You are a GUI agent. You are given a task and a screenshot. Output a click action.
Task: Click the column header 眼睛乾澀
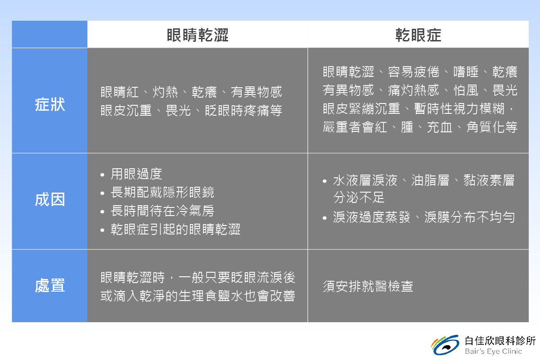(x=198, y=35)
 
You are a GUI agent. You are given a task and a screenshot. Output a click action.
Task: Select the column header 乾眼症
(x=418, y=35)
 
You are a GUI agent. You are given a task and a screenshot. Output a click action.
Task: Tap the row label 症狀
(x=50, y=105)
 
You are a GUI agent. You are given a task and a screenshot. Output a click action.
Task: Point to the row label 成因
(x=50, y=199)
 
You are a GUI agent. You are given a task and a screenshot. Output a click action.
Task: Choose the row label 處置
(x=50, y=285)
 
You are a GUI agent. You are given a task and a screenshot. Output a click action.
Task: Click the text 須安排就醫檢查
(x=368, y=286)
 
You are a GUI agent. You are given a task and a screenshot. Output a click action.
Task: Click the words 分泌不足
(x=359, y=197)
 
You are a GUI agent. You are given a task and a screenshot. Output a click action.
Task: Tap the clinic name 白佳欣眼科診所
(x=500, y=341)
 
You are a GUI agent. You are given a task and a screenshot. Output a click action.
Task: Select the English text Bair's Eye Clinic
(x=494, y=351)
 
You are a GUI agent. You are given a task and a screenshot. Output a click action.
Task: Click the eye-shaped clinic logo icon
(x=445, y=345)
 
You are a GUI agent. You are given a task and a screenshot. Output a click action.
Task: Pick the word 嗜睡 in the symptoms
(x=466, y=72)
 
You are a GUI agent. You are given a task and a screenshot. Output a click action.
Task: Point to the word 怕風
(x=466, y=90)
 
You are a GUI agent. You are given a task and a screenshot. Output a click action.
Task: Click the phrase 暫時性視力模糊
(x=459, y=108)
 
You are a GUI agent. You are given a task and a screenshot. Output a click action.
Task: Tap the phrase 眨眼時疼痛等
(x=243, y=110)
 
